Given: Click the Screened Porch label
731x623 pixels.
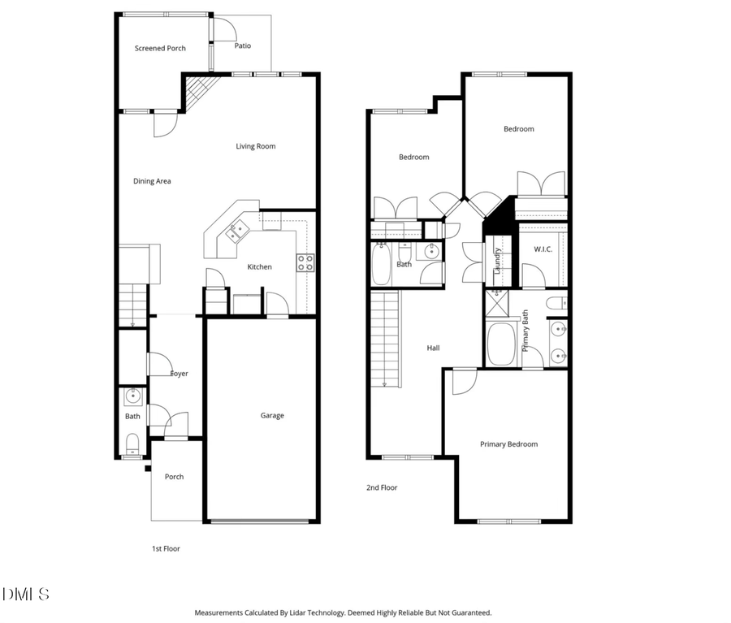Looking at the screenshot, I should pos(160,49).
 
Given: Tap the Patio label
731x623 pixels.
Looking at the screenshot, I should pos(243,46).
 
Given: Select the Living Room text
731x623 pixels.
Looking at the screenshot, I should pos(256,147).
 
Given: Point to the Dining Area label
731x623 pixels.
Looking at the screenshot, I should pos(152,182).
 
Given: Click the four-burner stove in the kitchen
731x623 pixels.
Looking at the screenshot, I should pos(305,262).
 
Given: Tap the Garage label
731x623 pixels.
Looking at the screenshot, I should pos(272,416).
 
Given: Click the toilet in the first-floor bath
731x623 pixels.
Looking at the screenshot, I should pos(132,443).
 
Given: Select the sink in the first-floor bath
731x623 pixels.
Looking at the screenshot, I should pos(132,397).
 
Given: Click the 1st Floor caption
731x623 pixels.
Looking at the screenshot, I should pos(166,549).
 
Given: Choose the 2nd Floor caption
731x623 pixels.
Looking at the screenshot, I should pos(381,488).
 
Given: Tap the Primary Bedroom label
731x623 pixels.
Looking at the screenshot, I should pos(508,444).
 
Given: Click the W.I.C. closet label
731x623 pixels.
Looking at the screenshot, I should pos(543,249).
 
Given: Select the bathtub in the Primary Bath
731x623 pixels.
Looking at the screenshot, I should pos(502,344).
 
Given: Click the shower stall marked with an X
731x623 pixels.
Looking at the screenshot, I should pos(496,305).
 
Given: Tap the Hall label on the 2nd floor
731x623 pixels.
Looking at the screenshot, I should pos(434,348).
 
